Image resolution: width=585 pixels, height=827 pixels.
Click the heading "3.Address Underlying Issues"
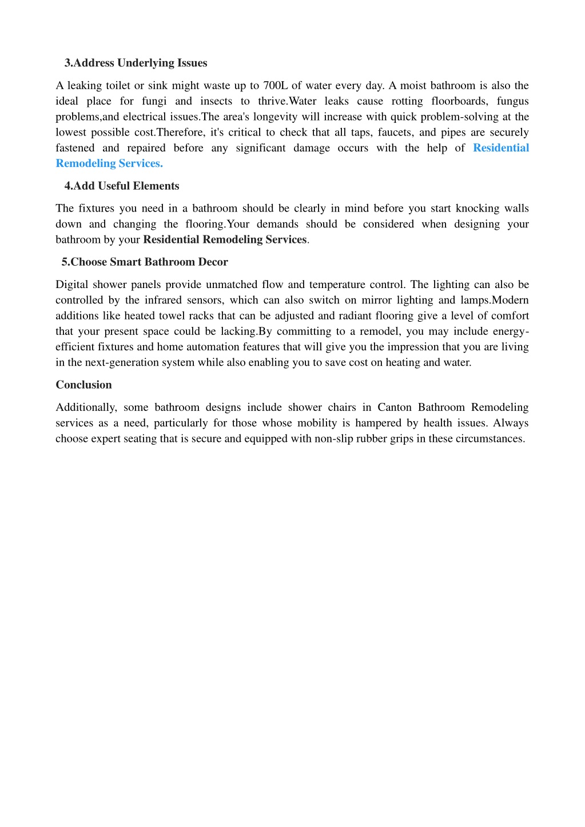(x=136, y=63)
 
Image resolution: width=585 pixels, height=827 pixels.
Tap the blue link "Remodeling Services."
(x=109, y=163)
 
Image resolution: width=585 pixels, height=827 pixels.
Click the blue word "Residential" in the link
(x=501, y=148)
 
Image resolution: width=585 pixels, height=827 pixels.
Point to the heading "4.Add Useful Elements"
(x=122, y=186)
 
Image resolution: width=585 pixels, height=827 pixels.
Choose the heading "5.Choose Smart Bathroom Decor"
(x=145, y=262)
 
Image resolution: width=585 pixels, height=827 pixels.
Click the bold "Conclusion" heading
(x=83, y=385)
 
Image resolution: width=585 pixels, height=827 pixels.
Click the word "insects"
(x=216, y=101)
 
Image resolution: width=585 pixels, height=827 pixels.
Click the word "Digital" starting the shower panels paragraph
(x=71, y=285)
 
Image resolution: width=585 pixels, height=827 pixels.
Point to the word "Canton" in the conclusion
(x=395, y=407)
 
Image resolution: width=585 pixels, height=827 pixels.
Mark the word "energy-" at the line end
(x=511, y=331)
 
